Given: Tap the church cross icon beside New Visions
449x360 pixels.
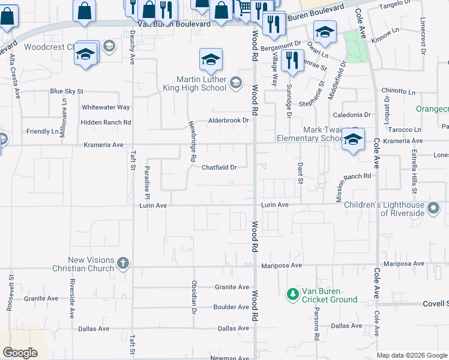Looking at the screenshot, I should [122, 263].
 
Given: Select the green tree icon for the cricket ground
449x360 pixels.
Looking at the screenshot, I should [292, 294].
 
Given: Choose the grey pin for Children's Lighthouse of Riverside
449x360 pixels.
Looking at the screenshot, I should [434, 209].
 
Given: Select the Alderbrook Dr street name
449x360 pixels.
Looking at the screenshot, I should [228, 120].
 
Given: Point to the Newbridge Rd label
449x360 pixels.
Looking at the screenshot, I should [193, 142].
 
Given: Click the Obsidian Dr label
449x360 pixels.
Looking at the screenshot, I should [194, 298].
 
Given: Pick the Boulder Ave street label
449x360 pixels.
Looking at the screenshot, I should [231, 307].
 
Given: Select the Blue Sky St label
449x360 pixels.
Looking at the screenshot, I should [66, 91].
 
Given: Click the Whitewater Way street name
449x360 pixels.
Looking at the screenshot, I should [106, 107].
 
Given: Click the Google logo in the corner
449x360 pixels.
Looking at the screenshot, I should [20, 353].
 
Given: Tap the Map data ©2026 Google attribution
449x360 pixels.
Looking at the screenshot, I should [411, 355].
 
